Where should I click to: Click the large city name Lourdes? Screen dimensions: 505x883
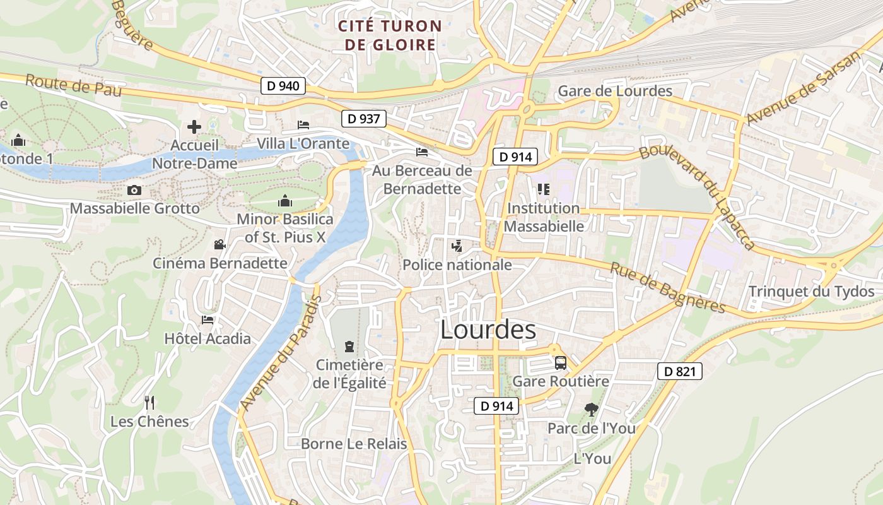pos(488,330)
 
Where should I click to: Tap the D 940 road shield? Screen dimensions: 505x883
pos(283,86)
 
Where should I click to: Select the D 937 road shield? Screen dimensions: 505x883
pos(363,118)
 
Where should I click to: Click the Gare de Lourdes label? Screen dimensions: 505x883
pos(615,91)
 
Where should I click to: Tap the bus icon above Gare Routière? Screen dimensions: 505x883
pos(560,363)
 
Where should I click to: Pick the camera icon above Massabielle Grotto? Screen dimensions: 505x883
pos(134,190)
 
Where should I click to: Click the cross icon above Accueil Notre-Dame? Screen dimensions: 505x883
pos(194,127)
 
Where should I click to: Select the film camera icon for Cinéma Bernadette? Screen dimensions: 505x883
pos(219,245)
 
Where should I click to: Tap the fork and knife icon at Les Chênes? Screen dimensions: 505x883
pos(149,402)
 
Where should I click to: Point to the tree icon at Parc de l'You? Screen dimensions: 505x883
pos(591,410)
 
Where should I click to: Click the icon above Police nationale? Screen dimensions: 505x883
pos(457,246)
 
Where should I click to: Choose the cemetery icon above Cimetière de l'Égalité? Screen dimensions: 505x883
pos(349,346)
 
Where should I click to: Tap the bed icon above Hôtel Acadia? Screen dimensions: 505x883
pos(207,320)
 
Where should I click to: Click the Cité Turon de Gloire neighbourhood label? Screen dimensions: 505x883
pos(389,35)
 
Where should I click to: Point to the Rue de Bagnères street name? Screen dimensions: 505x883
pos(668,287)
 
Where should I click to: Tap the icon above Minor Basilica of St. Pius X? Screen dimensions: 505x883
pos(285,201)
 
